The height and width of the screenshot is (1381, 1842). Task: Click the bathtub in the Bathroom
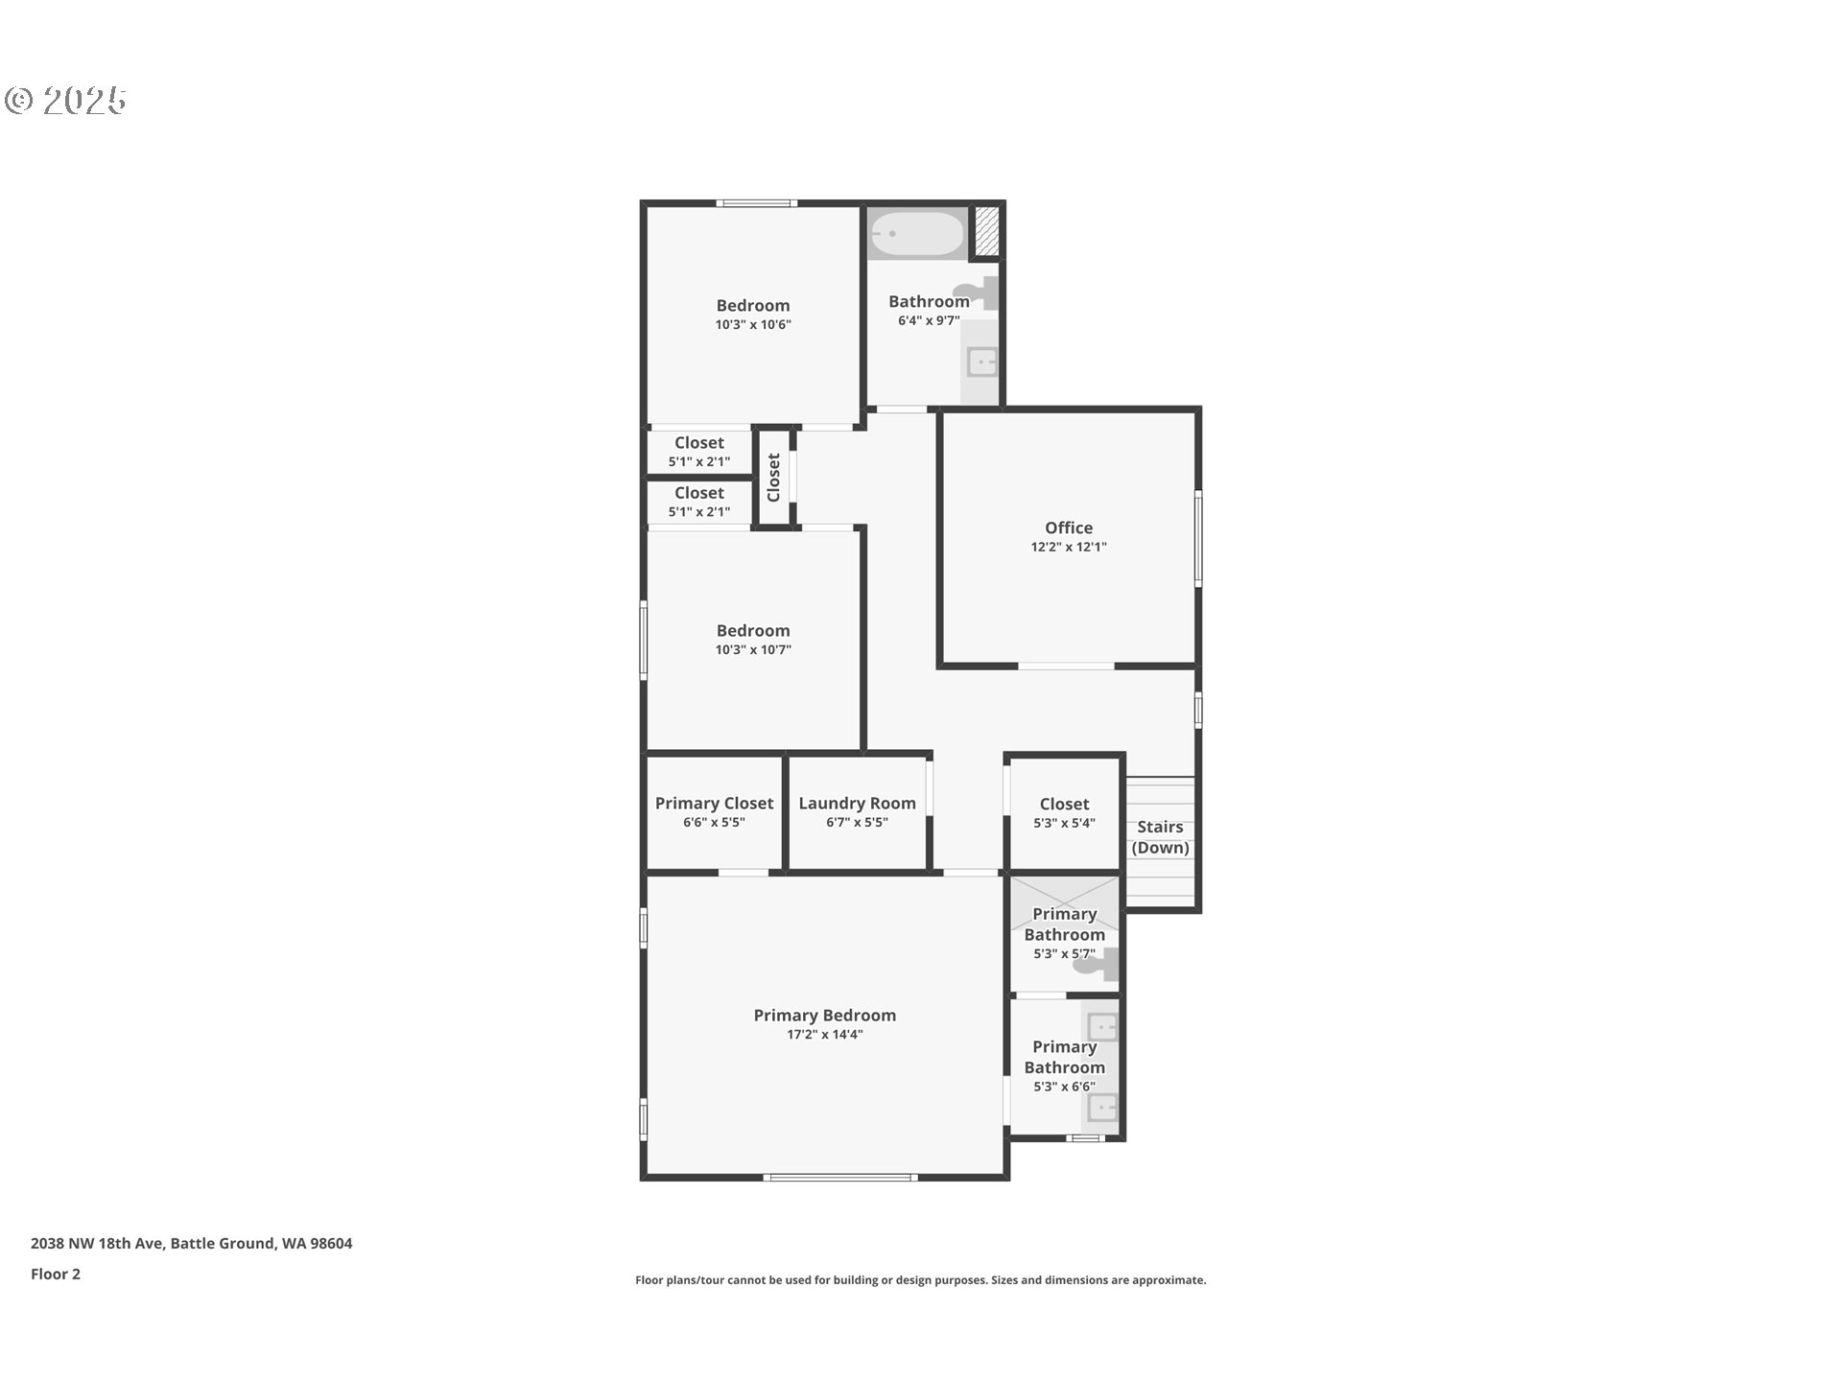pos(916,233)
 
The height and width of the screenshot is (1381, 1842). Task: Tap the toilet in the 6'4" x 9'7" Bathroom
pos(977,292)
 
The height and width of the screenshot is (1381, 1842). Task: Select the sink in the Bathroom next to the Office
pos(981,363)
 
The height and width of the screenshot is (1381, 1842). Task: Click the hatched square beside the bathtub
pos(986,232)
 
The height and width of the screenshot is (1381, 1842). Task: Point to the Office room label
pos(1069,527)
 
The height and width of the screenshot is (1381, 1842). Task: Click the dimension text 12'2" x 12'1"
pos(1069,547)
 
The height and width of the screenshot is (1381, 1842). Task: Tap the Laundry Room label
pos(857,804)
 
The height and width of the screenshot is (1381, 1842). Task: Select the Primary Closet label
pos(714,804)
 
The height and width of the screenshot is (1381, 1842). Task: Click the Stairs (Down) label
pos(1161,837)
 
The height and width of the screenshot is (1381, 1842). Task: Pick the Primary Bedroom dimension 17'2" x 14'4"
pos(825,1035)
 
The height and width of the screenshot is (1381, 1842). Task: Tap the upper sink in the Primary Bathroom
pos(1102,1027)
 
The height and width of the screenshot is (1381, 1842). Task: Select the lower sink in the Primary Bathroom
pos(1102,1108)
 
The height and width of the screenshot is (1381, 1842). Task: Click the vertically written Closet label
pos(773,477)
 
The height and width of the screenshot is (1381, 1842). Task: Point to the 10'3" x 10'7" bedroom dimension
pos(753,649)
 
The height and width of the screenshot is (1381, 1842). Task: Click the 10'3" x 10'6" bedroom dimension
pos(753,324)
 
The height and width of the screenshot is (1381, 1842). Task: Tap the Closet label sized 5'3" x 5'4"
pos(1064,804)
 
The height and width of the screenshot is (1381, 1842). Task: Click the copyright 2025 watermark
pos(66,100)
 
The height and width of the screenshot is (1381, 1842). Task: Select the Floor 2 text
pos(56,1274)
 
